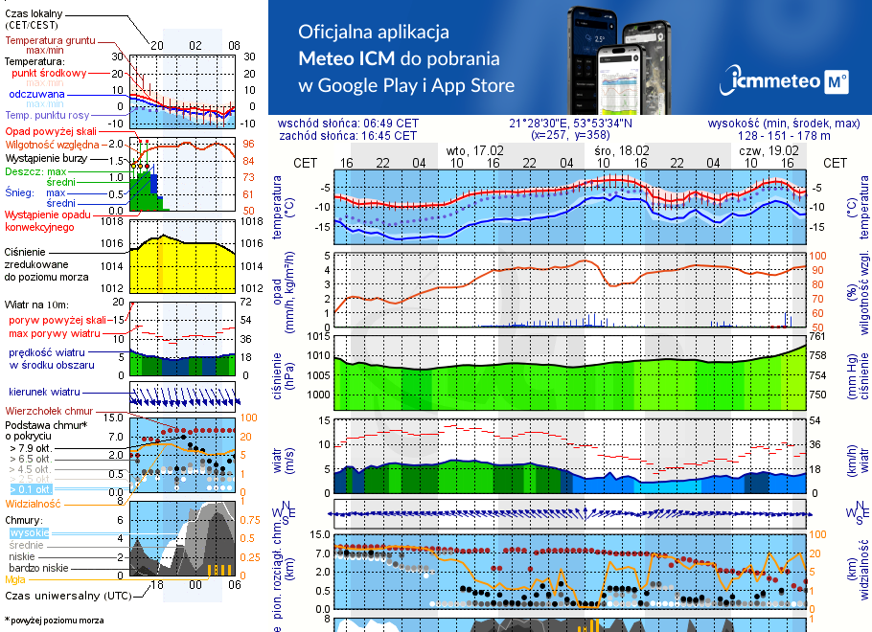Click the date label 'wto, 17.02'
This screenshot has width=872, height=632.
click(x=475, y=151)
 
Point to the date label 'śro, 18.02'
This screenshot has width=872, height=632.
click(x=621, y=151)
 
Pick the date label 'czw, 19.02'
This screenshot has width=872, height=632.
click(x=769, y=151)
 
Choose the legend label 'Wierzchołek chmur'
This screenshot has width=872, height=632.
click(x=54, y=410)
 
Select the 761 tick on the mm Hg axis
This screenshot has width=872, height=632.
click(x=817, y=337)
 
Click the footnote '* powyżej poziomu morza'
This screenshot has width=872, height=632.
click(x=54, y=621)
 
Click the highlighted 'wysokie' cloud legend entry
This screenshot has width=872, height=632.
click(x=29, y=532)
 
